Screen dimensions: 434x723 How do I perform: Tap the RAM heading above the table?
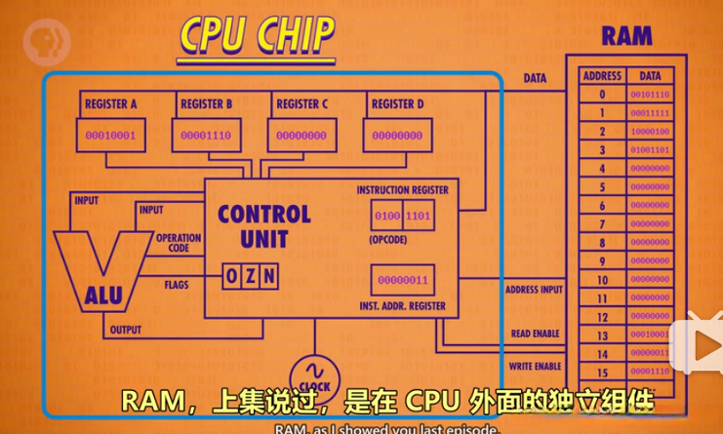[x=626, y=37]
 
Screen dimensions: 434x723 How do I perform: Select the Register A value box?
[x=110, y=136]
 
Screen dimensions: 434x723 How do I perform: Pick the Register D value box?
[x=397, y=136]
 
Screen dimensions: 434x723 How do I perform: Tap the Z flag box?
[x=249, y=277]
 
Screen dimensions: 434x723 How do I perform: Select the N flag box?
[x=267, y=277]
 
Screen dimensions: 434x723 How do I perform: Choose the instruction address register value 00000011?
[x=402, y=281]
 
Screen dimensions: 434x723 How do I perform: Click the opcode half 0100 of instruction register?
[x=387, y=215]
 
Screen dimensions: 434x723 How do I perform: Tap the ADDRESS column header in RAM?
[x=602, y=75]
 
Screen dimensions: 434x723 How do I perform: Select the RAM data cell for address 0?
[x=650, y=95]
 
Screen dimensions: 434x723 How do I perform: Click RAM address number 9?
[x=602, y=261]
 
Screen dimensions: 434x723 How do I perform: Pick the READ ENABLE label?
[x=535, y=334]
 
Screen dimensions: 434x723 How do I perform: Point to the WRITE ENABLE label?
[x=535, y=366]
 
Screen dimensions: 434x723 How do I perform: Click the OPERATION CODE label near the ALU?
[x=179, y=243]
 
